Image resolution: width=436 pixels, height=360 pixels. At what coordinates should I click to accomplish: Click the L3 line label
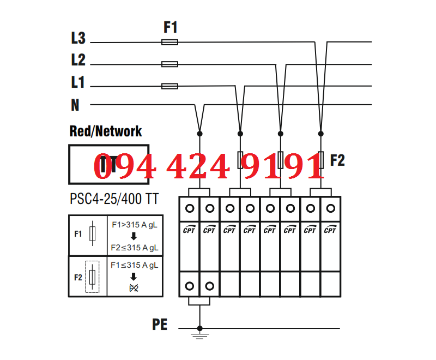[78, 38]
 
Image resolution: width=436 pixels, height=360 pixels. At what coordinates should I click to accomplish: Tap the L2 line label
[78, 60]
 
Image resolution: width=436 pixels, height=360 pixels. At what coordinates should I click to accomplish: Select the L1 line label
[78, 82]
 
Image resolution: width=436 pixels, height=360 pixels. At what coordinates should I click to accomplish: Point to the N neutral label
[75, 105]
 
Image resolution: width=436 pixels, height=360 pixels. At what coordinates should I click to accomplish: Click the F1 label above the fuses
[171, 27]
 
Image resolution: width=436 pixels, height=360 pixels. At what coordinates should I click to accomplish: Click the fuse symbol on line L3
[170, 42]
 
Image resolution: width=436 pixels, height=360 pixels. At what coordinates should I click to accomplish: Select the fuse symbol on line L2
[170, 64]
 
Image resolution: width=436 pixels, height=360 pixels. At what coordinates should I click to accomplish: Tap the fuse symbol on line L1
[170, 86]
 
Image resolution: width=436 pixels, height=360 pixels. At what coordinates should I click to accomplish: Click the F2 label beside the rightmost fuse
[337, 160]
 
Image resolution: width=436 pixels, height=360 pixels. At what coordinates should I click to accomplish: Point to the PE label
[160, 325]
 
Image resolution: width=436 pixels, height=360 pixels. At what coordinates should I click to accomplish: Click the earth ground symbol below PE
[200, 334]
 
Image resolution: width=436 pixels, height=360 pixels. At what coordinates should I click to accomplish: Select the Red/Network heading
[106, 131]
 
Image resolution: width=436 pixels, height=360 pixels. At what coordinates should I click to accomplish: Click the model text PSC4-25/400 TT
[114, 199]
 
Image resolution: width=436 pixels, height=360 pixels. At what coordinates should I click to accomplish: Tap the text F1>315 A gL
[135, 225]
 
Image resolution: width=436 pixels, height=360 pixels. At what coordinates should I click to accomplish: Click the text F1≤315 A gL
[135, 265]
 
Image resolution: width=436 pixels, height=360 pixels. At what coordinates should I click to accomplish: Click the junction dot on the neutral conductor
[200, 133]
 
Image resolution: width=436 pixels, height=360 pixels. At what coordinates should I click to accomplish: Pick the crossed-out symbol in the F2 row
[134, 287]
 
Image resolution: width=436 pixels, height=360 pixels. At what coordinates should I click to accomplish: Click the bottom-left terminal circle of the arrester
[190, 286]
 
